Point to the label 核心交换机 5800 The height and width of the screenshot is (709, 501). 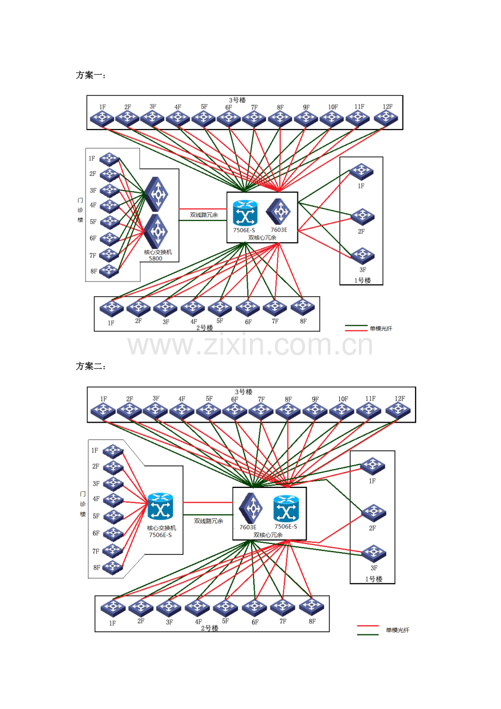coord(157,255)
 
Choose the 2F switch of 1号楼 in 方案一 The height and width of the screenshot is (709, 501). coord(362,216)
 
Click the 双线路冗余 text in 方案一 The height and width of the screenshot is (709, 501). coord(204,215)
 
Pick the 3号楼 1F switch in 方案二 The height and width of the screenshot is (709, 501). coord(103,411)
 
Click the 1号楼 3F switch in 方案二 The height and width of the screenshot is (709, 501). coord(374,553)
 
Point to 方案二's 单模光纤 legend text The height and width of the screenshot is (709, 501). coord(397,630)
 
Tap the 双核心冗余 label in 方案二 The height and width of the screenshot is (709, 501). coord(268,535)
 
